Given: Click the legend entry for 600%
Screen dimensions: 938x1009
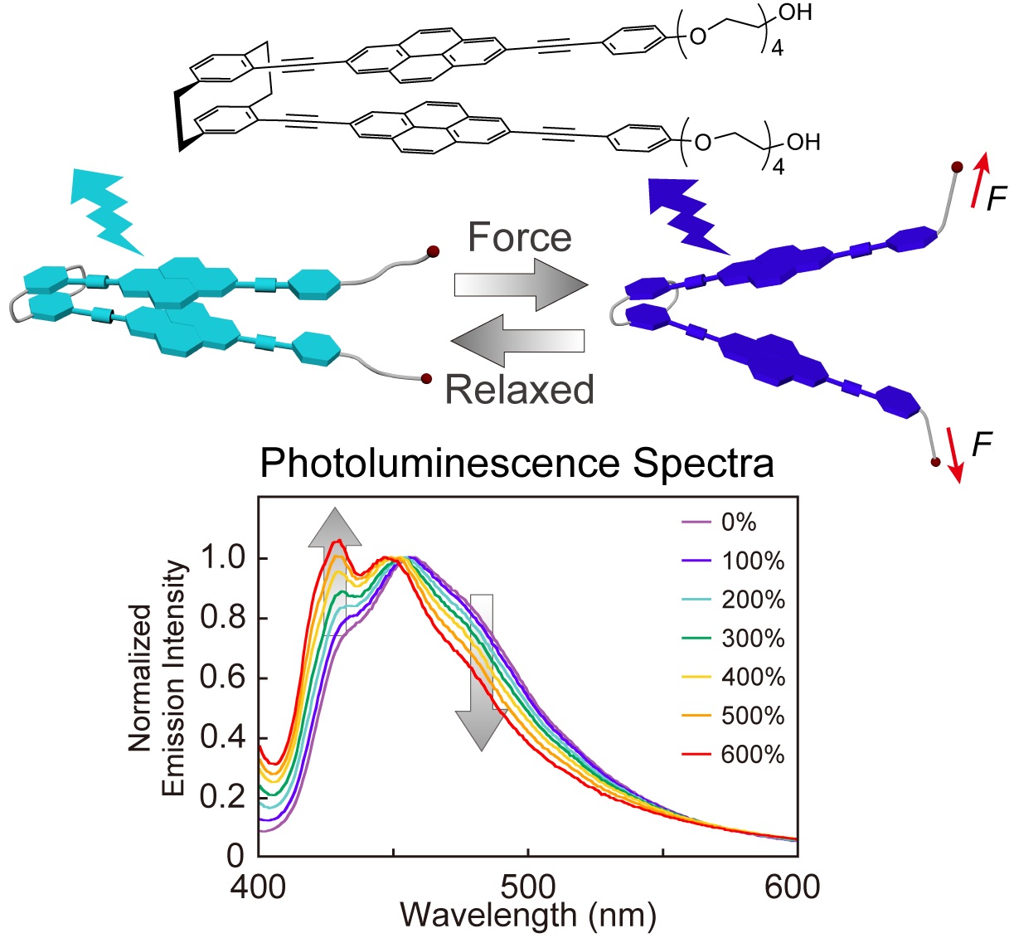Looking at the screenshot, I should coord(752,755).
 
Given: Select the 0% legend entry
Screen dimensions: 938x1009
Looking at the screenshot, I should coord(738,522).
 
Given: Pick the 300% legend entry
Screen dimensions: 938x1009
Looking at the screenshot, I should coord(752,639).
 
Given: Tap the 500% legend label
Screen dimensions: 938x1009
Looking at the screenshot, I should coord(752,716).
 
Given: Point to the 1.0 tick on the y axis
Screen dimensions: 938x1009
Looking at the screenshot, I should coord(223,558).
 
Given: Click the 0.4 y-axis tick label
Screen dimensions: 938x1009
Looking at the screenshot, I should coord(223,737).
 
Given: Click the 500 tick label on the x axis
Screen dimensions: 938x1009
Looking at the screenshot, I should coord(527,887).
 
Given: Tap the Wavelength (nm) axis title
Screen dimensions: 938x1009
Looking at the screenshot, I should coord(528,916).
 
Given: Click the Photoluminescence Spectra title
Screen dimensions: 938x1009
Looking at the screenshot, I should coord(517,463).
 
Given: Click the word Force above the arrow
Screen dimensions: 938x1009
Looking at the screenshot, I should coord(520,238).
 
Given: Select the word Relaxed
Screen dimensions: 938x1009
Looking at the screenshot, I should coord(520,389).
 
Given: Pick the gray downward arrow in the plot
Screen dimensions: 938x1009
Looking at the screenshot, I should coord(482,672).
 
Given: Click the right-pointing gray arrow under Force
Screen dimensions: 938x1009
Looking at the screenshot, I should coord(520,285).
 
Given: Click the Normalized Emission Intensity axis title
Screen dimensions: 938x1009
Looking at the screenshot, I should coord(158,678).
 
